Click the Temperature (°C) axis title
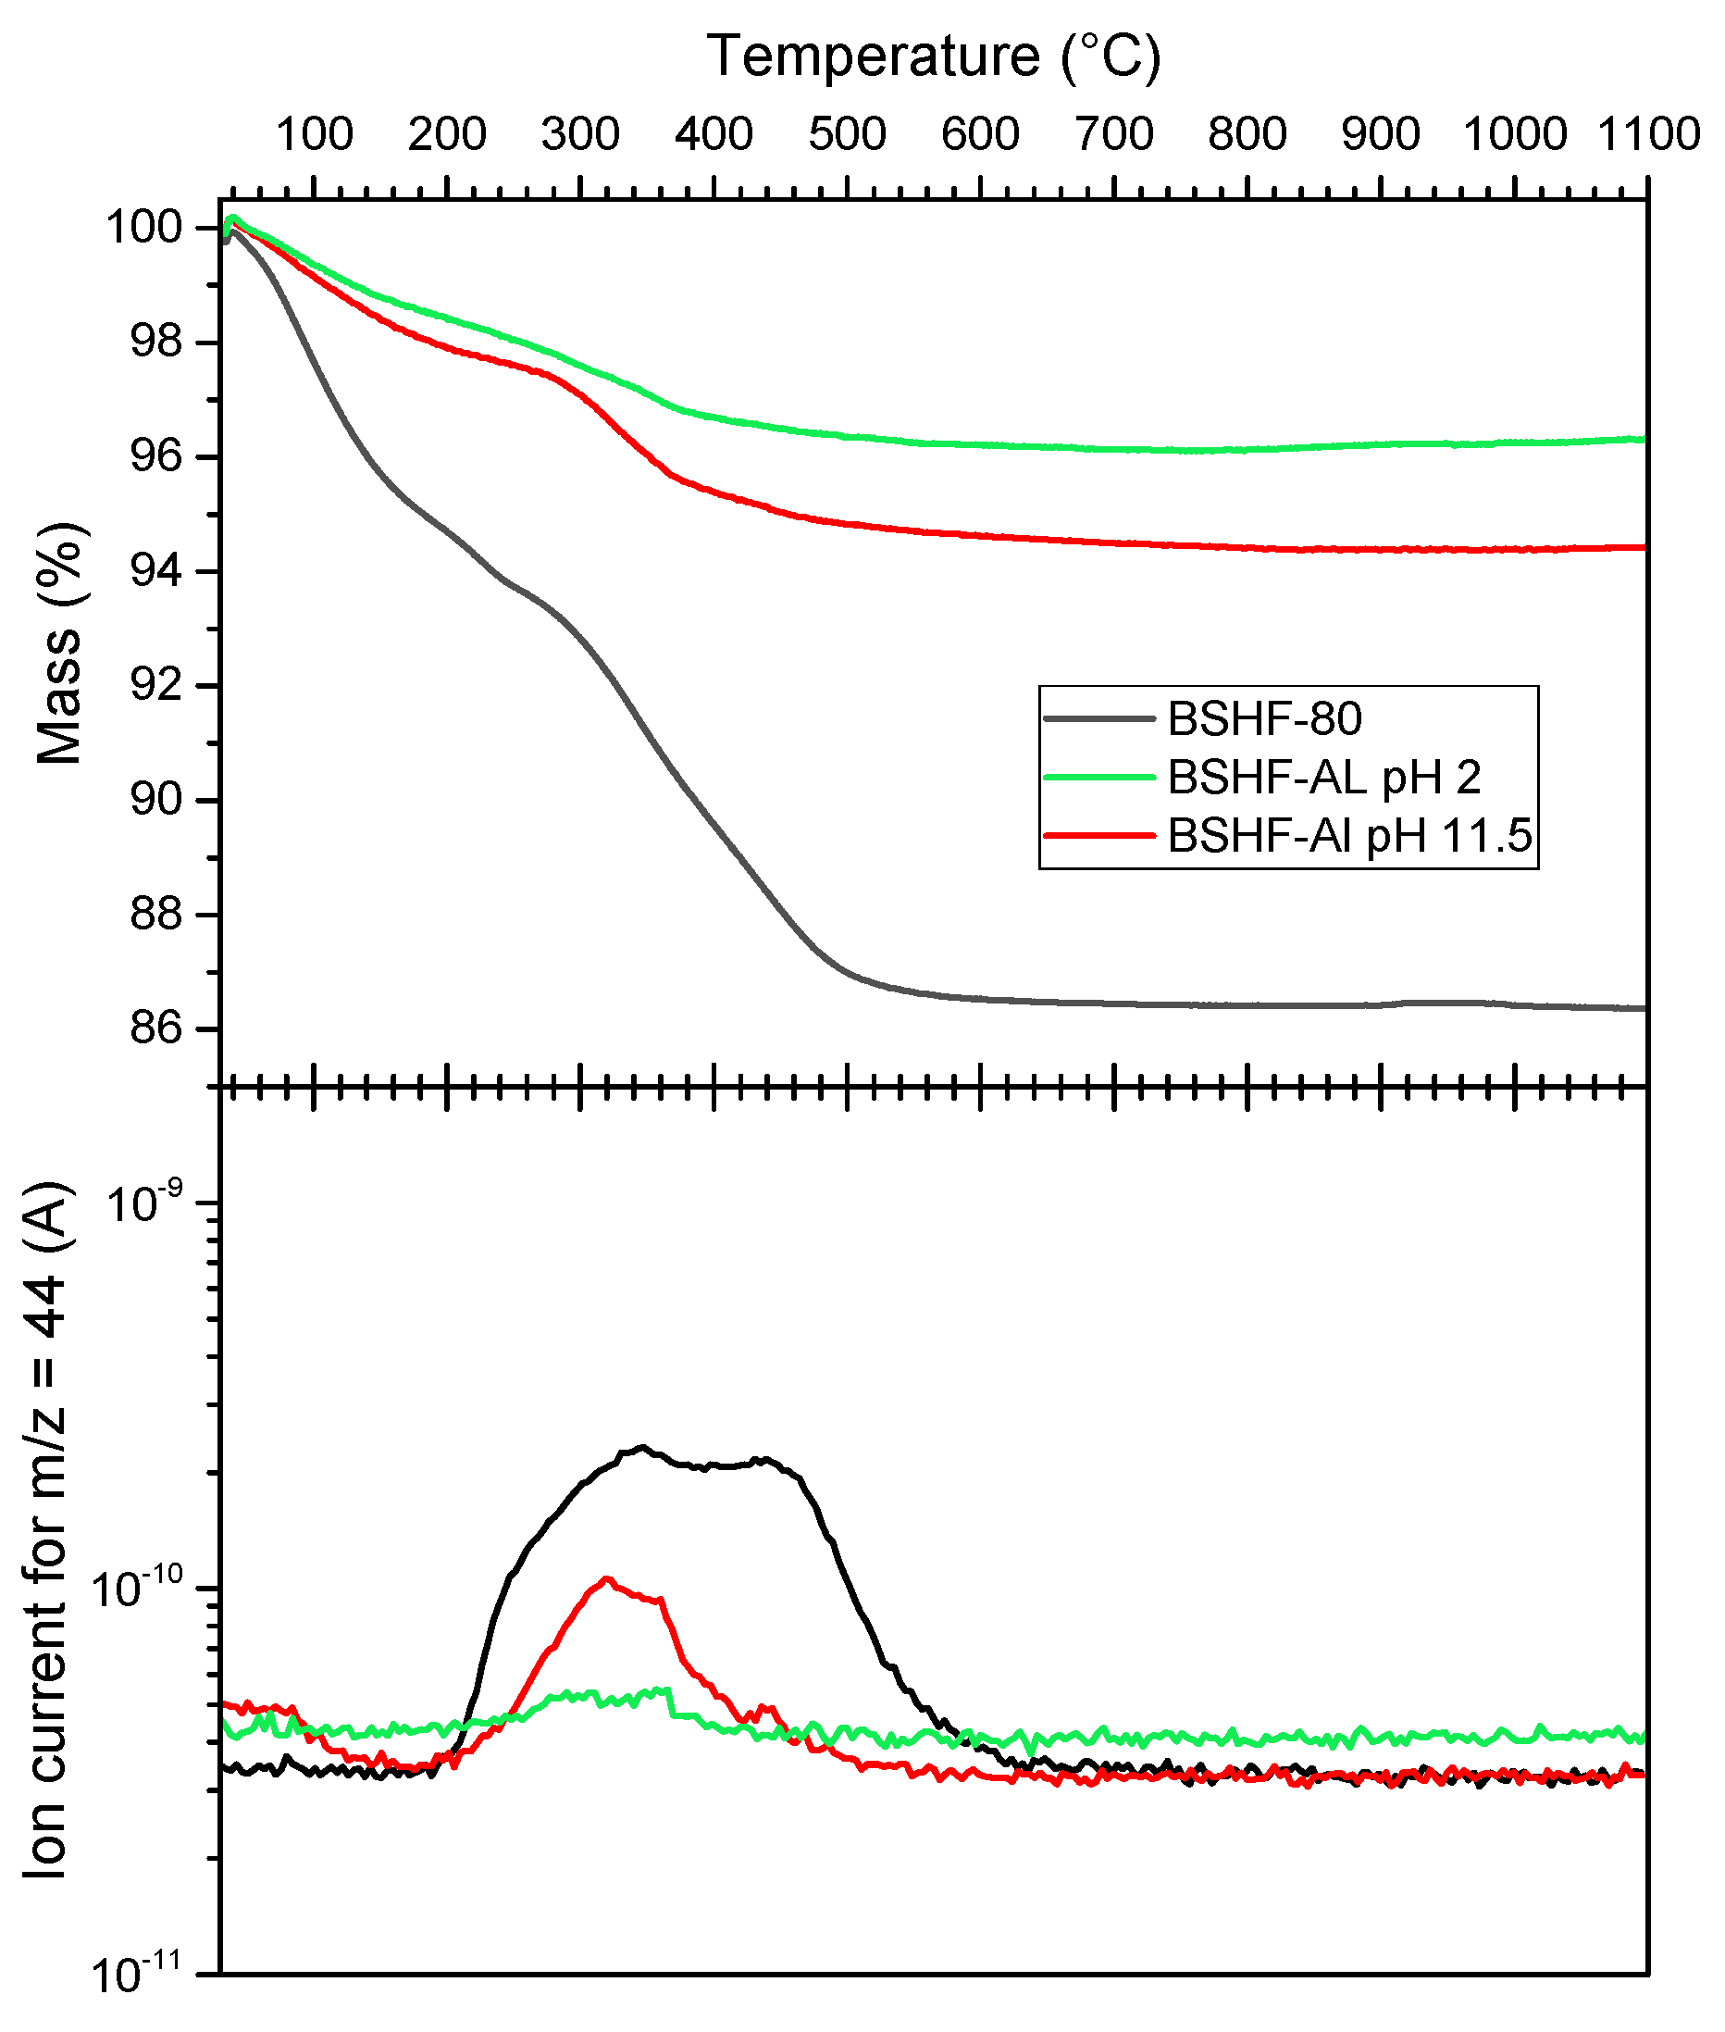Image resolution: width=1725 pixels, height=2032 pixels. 934,56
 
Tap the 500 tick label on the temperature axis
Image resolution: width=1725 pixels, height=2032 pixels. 847,134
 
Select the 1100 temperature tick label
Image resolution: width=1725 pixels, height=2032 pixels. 1649,134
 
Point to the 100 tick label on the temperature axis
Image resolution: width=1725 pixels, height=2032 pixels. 314,134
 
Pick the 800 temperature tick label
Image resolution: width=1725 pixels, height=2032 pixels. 1247,134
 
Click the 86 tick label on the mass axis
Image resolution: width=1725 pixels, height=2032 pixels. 156,1028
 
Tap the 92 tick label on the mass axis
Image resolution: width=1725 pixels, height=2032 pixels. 156,685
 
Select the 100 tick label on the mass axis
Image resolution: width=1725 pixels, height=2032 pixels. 144,228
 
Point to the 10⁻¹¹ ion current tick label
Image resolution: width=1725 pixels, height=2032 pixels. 137,1975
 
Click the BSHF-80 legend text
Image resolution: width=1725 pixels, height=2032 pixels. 1264,720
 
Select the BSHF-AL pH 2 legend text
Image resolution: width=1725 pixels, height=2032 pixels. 1324,778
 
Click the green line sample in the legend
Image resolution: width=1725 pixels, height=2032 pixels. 1100,778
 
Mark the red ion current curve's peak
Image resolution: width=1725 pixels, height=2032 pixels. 607,1578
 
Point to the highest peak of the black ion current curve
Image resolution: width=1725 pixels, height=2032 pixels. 642,1447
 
